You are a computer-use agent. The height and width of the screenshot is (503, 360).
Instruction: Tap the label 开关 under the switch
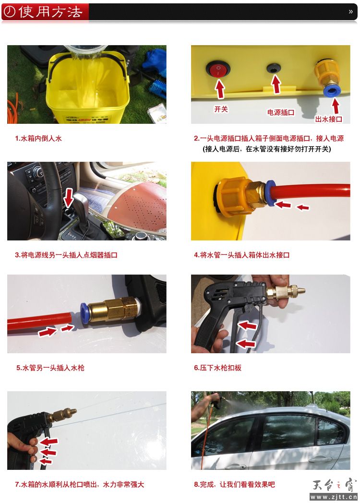coord(221,109)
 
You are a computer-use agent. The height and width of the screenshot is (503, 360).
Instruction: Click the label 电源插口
coord(281,113)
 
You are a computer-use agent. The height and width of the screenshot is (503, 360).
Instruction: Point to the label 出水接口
coord(329,120)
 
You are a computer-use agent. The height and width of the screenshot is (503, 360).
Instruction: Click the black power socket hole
coord(274,68)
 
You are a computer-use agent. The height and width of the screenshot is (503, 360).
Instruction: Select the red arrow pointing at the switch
coord(220,89)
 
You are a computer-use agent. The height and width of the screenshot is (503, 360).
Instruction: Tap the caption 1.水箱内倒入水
coord(38,139)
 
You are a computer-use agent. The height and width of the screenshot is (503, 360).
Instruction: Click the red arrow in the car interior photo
coord(69,198)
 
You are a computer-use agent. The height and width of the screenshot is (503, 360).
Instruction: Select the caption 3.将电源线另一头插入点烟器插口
coord(66,255)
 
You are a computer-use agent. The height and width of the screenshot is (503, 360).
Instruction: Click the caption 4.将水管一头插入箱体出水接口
coord(241,255)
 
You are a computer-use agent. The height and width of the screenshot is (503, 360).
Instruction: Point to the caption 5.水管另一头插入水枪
coord(50,368)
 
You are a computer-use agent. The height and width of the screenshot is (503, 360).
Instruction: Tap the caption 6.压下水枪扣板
coord(217,368)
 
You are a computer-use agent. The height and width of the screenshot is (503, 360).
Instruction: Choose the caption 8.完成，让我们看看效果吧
coord(235,484)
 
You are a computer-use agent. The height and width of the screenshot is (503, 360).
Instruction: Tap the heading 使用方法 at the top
coord(50,12)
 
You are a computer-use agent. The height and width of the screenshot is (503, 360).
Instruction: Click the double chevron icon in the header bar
coord(351,12)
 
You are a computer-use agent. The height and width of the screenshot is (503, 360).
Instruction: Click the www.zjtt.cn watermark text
coord(334,497)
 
